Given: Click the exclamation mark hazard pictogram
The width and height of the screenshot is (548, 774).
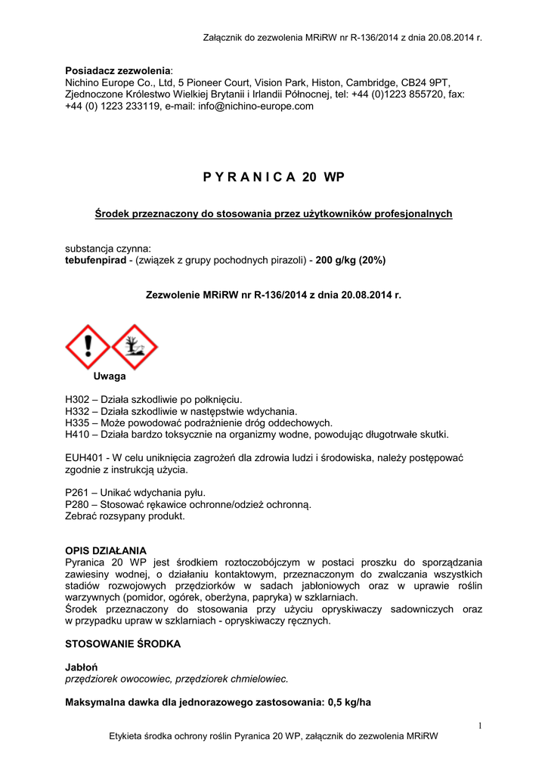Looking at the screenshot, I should pos(88,347).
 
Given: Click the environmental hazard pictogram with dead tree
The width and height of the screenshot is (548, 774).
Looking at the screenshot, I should pos(135,347).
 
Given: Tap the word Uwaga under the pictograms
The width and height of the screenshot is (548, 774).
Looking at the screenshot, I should pos(110,376).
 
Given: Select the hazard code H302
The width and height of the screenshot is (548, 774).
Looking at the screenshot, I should pos(79,398).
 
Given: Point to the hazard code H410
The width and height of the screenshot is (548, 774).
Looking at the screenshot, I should pos(79,435).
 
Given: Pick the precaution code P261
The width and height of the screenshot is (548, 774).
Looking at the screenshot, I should pos(79,492).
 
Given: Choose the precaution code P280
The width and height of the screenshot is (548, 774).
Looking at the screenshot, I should pos(79,504).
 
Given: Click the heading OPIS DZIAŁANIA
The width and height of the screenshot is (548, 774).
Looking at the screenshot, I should pos(106,550).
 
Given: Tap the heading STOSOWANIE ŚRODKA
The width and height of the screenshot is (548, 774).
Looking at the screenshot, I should pos(122,644).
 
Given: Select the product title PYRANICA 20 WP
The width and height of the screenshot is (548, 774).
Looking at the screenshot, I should pos(274,177).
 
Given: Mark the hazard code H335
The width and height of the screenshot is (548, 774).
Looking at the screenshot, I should pos(79,423).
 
